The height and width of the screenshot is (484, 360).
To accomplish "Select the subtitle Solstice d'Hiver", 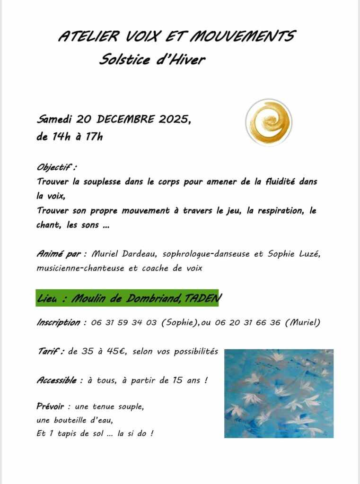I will tap(152, 60).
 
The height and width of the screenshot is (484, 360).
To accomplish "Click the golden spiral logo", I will tap(269, 122).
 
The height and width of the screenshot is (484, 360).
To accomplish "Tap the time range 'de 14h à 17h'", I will tap(70, 137).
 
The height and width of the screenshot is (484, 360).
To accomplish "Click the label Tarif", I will tap(51, 351).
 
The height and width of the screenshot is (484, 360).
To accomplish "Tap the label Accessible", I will tap(57, 380).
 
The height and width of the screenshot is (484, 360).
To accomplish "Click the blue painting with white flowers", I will tap(279, 393).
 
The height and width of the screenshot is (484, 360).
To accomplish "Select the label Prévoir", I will tap(51, 406).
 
